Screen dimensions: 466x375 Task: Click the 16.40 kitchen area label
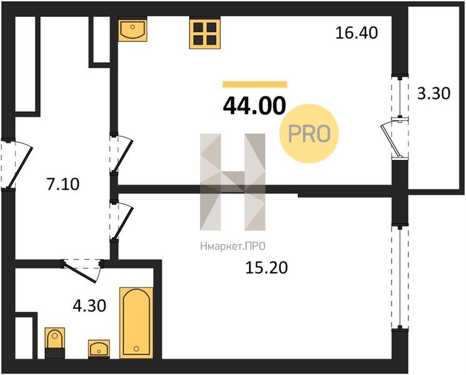(357, 32)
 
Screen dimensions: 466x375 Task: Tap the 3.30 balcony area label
(434, 93)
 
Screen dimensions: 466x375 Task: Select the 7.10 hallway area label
(63, 184)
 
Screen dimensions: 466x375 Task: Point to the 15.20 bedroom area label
(267, 267)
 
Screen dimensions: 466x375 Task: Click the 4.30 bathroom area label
(89, 306)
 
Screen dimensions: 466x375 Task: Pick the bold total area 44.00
(254, 106)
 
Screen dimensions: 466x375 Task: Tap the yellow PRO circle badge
(309, 134)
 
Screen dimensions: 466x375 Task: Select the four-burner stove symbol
(205, 32)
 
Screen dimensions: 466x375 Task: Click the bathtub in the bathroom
(136, 323)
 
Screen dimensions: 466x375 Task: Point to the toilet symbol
(55, 343)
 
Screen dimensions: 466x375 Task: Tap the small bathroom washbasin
(99, 349)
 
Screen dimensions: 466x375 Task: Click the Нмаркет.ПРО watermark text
(233, 246)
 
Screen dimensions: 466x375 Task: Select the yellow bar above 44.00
(255, 84)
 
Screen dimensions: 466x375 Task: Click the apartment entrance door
(16, 164)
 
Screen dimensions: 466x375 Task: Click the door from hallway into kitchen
(122, 154)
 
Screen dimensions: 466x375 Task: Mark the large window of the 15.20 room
(400, 277)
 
